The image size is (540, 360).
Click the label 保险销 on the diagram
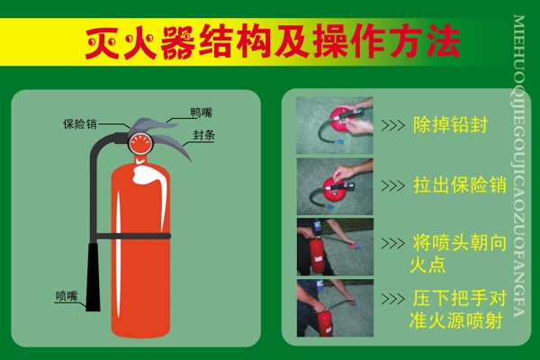(x=80, y=124)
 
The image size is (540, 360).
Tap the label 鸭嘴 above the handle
(x=202, y=112)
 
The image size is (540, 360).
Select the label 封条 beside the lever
(x=204, y=135)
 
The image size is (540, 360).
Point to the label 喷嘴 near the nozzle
(x=67, y=296)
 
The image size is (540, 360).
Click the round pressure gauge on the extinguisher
(x=140, y=143)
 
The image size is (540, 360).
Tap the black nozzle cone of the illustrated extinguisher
(x=93, y=276)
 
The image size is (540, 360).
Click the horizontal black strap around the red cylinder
(x=133, y=236)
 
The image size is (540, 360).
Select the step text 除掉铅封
(x=451, y=125)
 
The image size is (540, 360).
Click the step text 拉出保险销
(x=460, y=185)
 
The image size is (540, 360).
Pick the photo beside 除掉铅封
(x=335, y=125)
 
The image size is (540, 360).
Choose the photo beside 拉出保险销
(x=335, y=186)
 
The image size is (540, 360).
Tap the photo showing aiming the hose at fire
(x=335, y=247)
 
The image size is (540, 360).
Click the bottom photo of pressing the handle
(x=335, y=308)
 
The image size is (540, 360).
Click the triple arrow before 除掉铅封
(x=393, y=125)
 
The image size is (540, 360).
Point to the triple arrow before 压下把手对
(x=393, y=299)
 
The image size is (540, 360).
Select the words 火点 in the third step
(x=427, y=265)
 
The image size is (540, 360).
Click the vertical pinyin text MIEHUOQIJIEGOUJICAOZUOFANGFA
(x=518, y=166)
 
